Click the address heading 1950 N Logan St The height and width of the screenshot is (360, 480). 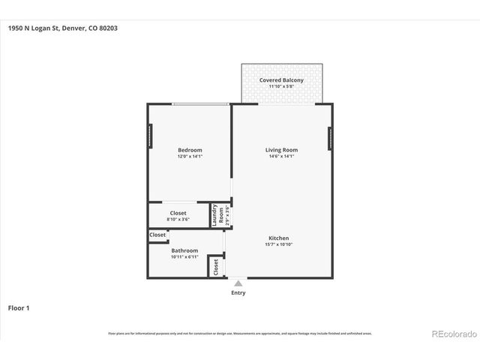click(x=63, y=28)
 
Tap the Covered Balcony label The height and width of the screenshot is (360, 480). click(x=282, y=80)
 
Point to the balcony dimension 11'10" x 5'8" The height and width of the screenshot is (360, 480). click(x=282, y=87)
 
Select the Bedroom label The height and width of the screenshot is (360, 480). click(x=190, y=150)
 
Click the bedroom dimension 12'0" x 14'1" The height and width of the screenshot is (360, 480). click(x=190, y=157)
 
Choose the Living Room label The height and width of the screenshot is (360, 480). click(x=282, y=150)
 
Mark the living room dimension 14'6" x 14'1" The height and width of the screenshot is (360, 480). click(x=282, y=157)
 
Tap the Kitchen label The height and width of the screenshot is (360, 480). click(x=278, y=238)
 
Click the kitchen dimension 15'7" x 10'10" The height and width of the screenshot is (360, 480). click(x=278, y=244)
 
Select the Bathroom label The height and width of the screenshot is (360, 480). click(x=184, y=250)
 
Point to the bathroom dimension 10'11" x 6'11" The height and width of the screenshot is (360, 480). click(x=184, y=257)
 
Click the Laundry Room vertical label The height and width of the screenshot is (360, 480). click(x=215, y=214)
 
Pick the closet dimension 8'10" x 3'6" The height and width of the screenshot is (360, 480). click(x=178, y=220)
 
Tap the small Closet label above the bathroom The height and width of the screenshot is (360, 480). click(x=157, y=235)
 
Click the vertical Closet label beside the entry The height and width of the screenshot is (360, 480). click(x=216, y=266)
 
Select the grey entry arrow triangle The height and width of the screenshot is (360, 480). click(x=238, y=283)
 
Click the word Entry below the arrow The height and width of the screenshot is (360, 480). click(x=238, y=293)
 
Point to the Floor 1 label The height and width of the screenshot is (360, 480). click(x=19, y=307)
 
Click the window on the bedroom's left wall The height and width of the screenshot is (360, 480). click(x=149, y=136)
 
